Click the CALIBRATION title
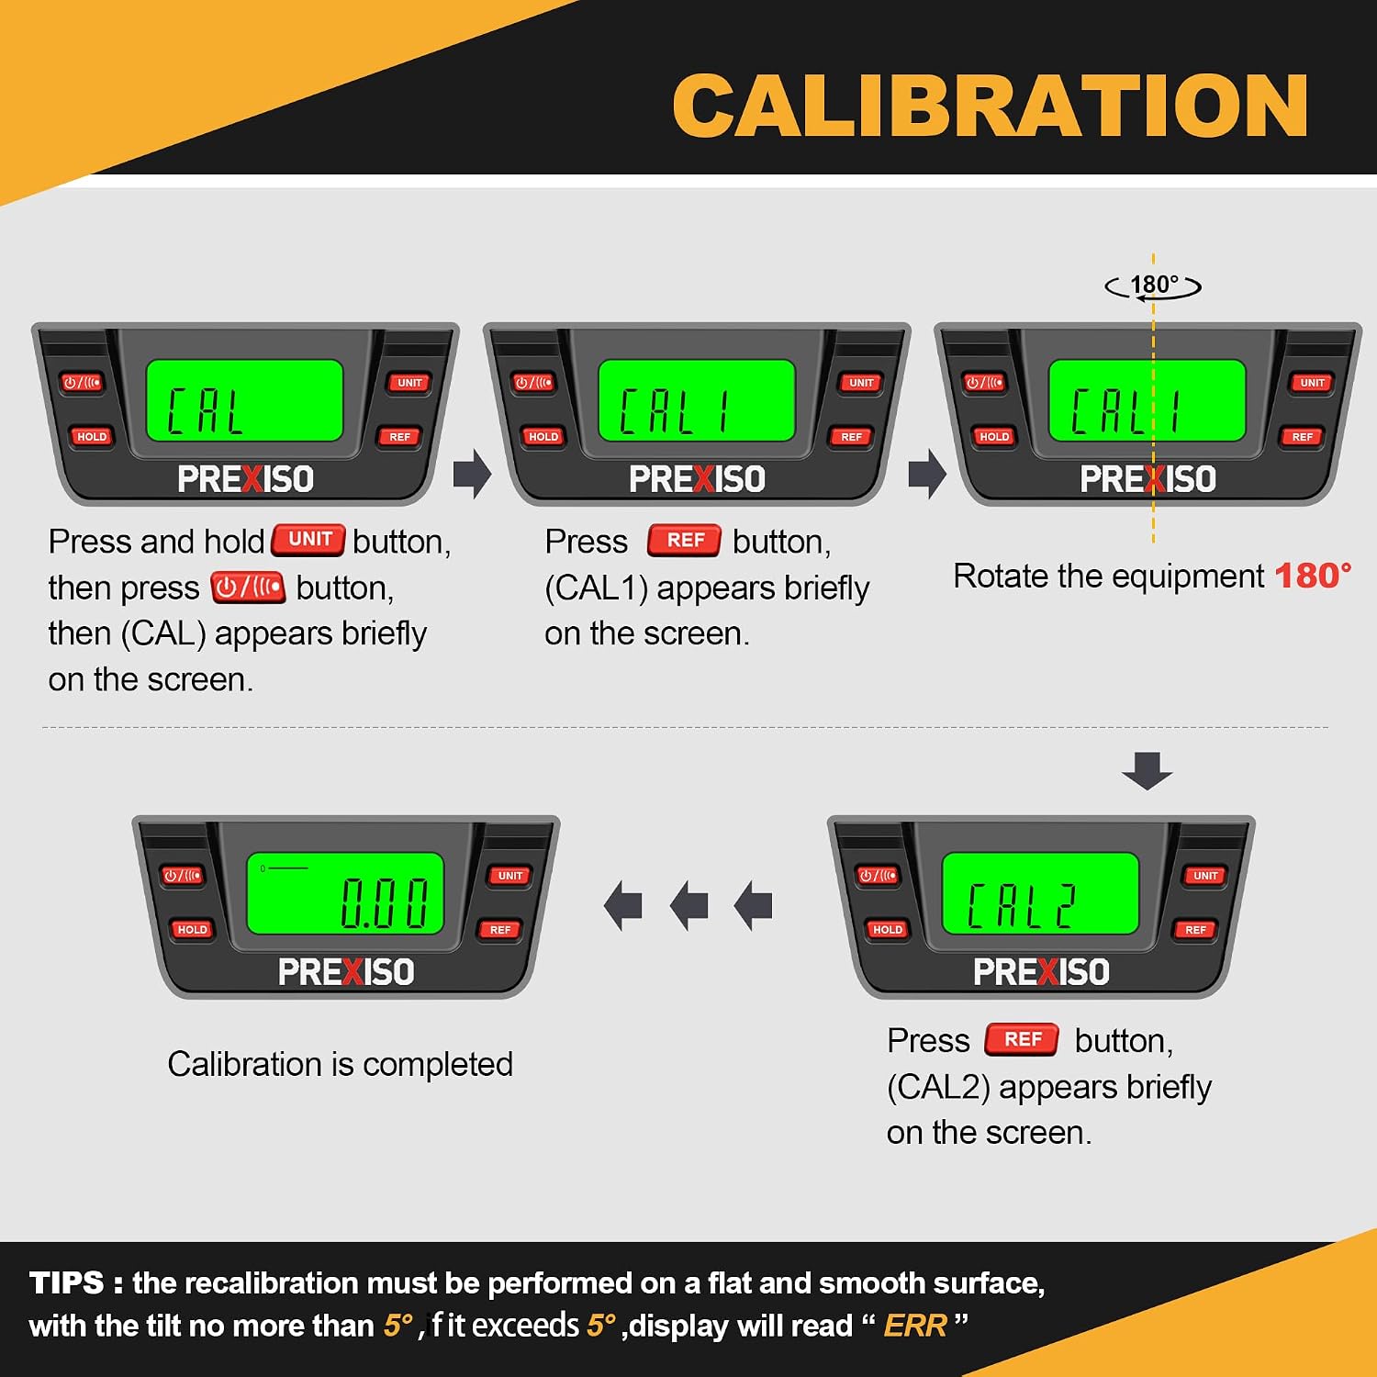pyautogui.click(x=991, y=106)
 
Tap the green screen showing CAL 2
pyautogui.click(x=1040, y=893)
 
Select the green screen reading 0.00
pyautogui.click(x=345, y=893)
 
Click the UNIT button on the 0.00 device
pyautogui.click(x=510, y=876)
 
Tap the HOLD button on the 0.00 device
pyautogui.click(x=192, y=929)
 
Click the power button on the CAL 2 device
pyautogui.click(x=878, y=876)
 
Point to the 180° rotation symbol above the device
pyautogui.click(x=1154, y=285)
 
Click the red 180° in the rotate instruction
pyautogui.click(x=1313, y=576)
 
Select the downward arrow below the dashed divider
pyautogui.click(x=1147, y=770)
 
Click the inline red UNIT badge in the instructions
pyautogui.click(x=309, y=540)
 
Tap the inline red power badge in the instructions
pyautogui.click(x=248, y=587)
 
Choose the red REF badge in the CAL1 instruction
pyautogui.click(x=685, y=540)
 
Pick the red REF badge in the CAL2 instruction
pyautogui.click(x=1023, y=1039)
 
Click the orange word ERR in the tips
pyautogui.click(x=914, y=1326)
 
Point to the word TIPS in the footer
pyautogui.click(x=67, y=1282)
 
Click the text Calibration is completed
pyautogui.click(x=341, y=1064)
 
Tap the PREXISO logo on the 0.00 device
pyautogui.click(x=346, y=972)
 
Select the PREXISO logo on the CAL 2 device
pyautogui.click(x=1041, y=972)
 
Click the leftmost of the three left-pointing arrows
pyautogui.click(x=623, y=906)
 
